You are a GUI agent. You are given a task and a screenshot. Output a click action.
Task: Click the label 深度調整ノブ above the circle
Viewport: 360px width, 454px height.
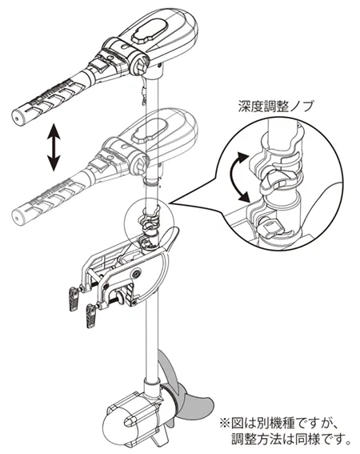click(x=276, y=106)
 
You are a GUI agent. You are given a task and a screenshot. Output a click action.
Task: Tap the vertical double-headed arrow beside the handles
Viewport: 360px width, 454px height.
click(x=54, y=147)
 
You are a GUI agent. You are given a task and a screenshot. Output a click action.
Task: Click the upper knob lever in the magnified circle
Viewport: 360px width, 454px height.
click(x=274, y=181)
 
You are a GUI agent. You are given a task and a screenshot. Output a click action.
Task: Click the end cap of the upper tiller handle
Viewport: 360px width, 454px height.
click(x=18, y=115)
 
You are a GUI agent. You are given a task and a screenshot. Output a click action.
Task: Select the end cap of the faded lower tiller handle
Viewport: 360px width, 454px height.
click(x=18, y=216)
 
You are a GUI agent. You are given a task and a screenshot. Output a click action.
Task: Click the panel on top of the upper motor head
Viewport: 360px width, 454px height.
click(x=150, y=32)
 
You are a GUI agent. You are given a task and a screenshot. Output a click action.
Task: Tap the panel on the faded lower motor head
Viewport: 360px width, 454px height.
click(x=150, y=131)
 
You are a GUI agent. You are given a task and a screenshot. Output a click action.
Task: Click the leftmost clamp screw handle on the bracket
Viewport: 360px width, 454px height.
click(x=74, y=300)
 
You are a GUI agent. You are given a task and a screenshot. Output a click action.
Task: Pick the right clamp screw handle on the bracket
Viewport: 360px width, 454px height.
click(x=91, y=316)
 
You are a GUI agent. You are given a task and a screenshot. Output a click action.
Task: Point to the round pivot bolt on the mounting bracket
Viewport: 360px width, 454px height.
click(x=136, y=273)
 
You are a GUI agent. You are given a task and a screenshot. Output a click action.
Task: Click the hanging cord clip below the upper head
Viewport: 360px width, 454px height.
click(x=143, y=93)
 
